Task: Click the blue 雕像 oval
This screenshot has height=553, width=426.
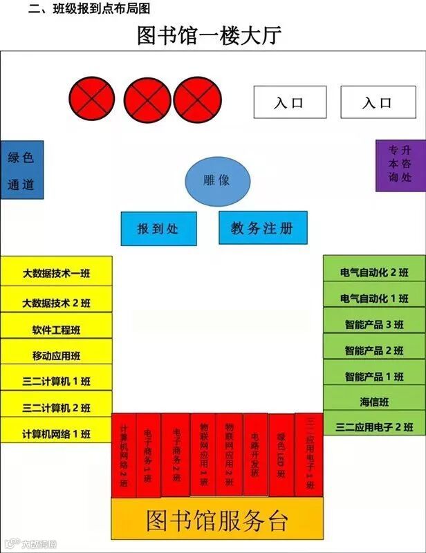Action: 217,182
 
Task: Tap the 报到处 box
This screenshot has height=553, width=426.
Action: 158,229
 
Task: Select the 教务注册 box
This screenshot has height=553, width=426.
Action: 263,228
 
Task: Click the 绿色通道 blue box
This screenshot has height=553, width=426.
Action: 21,170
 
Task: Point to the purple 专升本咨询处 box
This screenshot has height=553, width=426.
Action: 400,166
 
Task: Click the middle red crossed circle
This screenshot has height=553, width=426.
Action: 147,98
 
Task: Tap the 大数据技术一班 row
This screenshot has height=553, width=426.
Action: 56,273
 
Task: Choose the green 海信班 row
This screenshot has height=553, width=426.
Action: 374,402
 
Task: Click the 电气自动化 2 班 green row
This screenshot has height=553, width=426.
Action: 374,271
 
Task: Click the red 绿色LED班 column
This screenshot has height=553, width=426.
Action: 281,456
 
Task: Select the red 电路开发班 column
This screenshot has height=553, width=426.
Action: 255,455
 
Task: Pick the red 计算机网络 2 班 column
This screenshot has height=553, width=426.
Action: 124,456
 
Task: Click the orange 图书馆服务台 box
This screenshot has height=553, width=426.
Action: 217,518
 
